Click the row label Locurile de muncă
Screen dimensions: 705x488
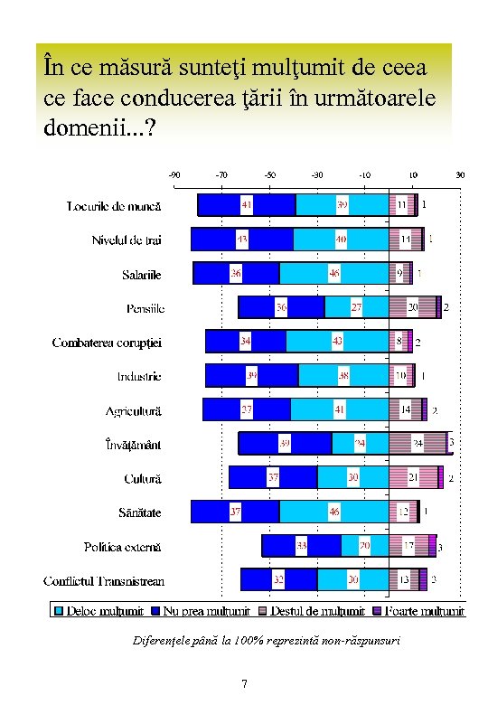point(114,206)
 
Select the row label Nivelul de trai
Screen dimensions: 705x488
point(127,240)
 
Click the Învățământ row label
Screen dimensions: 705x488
point(133,445)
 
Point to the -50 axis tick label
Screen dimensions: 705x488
point(269,174)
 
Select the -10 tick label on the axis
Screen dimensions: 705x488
point(364,174)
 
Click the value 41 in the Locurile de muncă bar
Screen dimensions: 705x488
point(246,205)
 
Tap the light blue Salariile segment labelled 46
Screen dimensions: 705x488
point(333,273)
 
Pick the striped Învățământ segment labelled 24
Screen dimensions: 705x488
point(418,444)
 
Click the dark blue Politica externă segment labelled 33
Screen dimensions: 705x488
point(301,546)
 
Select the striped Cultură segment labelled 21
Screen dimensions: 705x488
point(413,477)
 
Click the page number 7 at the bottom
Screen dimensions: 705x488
point(244,683)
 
